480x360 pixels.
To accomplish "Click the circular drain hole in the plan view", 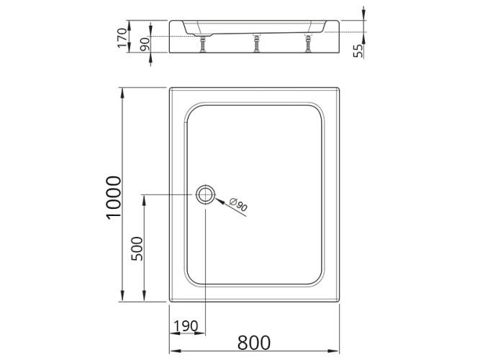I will point(205,194).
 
